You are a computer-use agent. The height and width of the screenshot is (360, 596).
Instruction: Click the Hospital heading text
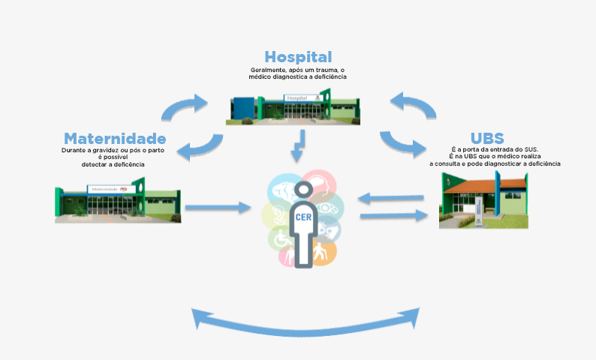click(x=298, y=57)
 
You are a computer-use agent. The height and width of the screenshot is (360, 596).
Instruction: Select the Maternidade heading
click(x=114, y=139)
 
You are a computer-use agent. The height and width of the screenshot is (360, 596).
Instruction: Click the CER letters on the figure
click(x=305, y=218)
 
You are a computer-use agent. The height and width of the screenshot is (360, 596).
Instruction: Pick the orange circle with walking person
click(x=321, y=250)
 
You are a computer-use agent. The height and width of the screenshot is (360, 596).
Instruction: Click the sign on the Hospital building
click(x=299, y=97)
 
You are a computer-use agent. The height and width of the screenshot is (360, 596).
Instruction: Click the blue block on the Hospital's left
click(x=241, y=108)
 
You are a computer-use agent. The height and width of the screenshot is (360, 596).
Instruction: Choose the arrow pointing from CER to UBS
click(x=390, y=216)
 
